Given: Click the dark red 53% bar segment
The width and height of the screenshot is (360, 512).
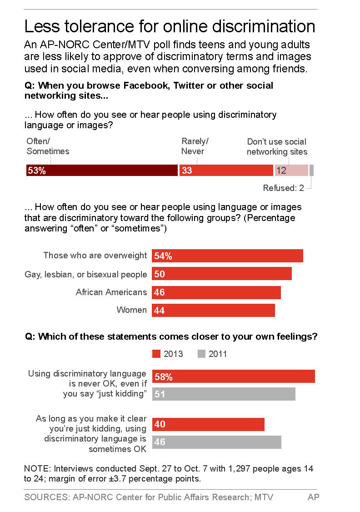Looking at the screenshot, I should point(102,171).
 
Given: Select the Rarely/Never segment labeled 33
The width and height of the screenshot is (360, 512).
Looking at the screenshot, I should point(226,171).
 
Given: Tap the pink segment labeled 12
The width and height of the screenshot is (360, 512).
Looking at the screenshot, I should point(291,171).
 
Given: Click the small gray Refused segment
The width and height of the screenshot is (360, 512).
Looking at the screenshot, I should point(311,171).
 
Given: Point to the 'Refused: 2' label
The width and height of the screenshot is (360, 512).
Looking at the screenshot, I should point(284,188).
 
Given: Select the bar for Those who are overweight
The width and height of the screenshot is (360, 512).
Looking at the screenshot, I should point(227,256).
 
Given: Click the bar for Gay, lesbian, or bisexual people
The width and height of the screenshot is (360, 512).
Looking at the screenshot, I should point(222,274).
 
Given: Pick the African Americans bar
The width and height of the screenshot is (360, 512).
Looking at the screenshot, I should point(216,292).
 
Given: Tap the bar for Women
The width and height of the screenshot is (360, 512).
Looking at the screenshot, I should point(213,310).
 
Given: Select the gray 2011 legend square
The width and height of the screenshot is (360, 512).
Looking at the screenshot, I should point(202,354).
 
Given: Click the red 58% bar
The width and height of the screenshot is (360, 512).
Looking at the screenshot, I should point(234,376).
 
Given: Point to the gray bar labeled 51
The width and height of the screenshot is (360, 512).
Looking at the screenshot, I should point(224,394).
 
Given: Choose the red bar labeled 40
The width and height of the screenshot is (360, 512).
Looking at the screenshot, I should point(208,424).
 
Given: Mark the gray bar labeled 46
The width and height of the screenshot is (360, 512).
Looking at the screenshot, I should point(217,442).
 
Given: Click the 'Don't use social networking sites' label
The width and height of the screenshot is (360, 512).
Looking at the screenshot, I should point(277,146).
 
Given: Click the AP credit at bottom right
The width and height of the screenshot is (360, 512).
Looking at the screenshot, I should point(313,497).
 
